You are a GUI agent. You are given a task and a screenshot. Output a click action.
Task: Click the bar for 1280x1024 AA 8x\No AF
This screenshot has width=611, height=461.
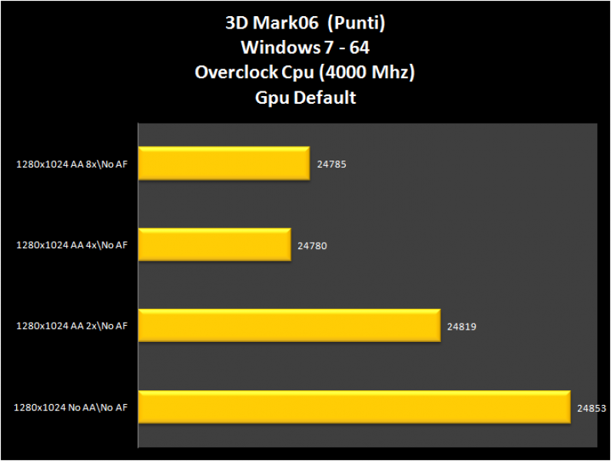(x=224, y=163)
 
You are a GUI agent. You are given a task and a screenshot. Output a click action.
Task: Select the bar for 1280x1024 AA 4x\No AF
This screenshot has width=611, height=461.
(x=214, y=244)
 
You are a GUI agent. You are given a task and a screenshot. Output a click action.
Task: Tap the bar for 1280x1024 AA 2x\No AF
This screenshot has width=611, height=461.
(x=289, y=326)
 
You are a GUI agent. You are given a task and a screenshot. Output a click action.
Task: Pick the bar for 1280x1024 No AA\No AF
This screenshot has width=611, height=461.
(x=354, y=407)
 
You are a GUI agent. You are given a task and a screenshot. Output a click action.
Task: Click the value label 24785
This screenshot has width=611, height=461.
(x=331, y=164)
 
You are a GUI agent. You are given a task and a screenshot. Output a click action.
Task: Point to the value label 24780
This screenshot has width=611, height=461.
(x=312, y=245)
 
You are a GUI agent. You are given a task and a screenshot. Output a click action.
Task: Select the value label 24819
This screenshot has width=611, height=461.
(x=461, y=327)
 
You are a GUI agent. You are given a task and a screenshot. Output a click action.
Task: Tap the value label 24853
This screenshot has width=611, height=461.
(x=592, y=408)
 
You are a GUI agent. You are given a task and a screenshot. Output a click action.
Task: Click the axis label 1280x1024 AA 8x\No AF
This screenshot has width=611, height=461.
(x=71, y=164)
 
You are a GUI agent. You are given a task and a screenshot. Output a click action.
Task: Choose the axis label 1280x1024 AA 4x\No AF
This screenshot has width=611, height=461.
(x=71, y=245)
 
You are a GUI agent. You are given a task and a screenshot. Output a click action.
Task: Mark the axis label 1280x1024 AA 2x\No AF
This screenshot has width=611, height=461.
(x=71, y=327)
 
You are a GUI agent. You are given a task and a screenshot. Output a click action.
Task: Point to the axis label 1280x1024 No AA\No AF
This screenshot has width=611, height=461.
(x=70, y=408)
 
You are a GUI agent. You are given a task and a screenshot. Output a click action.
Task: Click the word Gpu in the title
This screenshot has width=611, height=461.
(x=271, y=98)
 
